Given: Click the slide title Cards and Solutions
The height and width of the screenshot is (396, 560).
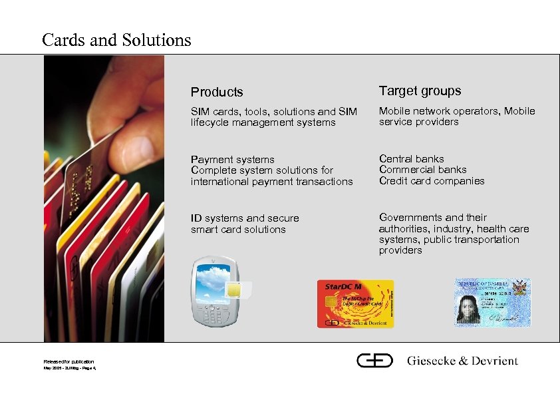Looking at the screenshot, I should (x=116, y=40).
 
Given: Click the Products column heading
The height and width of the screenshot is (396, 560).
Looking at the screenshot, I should (x=217, y=93).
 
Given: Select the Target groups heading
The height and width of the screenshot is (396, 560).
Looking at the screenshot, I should (x=420, y=91).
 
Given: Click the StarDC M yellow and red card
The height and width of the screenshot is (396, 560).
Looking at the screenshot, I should (x=355, y=303).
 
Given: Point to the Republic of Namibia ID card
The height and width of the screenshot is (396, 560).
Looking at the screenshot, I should (x=493, y=301).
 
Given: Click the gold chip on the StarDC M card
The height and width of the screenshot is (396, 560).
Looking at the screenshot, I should (x=330, y=302).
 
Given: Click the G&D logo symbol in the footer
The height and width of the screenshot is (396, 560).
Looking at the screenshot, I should (x=374, y=361).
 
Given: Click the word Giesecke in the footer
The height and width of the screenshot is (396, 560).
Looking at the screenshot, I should (x=434, y=361).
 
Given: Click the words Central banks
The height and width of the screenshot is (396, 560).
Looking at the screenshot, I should (x=411, y=159).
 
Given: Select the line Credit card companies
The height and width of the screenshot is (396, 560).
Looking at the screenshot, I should (x=432, y=181).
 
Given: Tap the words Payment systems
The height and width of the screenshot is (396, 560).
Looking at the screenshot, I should (x=232, y=160).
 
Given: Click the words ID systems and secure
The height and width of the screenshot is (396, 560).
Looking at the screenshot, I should (x=245, y=218).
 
